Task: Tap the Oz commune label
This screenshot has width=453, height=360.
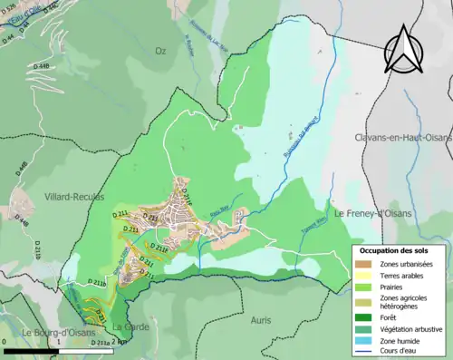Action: tap(161, 52)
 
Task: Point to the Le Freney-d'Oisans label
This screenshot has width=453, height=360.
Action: tap(374, 214)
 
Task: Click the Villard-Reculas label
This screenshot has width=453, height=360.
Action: tap(73, 196)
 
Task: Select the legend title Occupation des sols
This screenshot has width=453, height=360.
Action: tap(395, 250)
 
